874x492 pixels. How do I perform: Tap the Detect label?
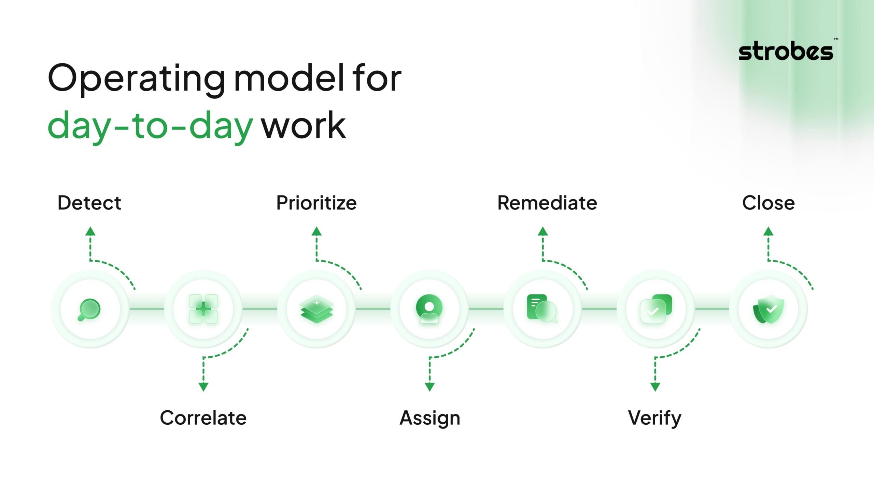click(89, 203)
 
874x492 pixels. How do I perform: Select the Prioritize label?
click(316, 203)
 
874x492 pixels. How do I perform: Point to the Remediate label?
click(547, 203)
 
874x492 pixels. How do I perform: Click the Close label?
click(768, 203)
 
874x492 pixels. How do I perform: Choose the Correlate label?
click(203, 418)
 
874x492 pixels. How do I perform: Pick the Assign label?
click(430, 418)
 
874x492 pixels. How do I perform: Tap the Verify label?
click(654, 418)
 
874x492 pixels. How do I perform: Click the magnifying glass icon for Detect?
click(89, 309)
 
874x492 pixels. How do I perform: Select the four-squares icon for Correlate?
click(203, 309)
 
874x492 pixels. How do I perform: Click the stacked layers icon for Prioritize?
click(317, 309)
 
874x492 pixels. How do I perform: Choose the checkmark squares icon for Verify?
click(655, 309)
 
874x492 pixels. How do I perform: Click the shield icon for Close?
click(769, 309)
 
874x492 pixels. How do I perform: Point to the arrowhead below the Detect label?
click(90, 231)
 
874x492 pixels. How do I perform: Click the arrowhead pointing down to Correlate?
click(203, 387)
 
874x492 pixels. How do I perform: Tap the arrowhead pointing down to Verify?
click(655, 387)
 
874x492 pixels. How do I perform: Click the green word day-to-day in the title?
click(150, 126)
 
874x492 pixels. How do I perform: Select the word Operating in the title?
click(137, 79)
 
